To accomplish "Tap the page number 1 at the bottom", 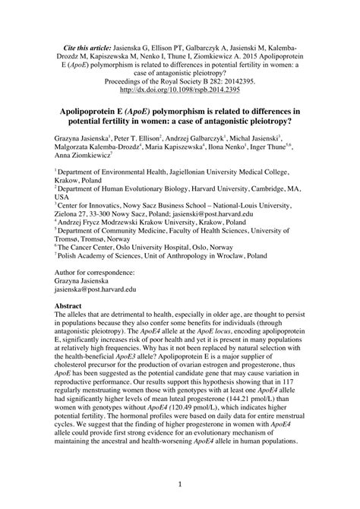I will (x=180, y=483).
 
